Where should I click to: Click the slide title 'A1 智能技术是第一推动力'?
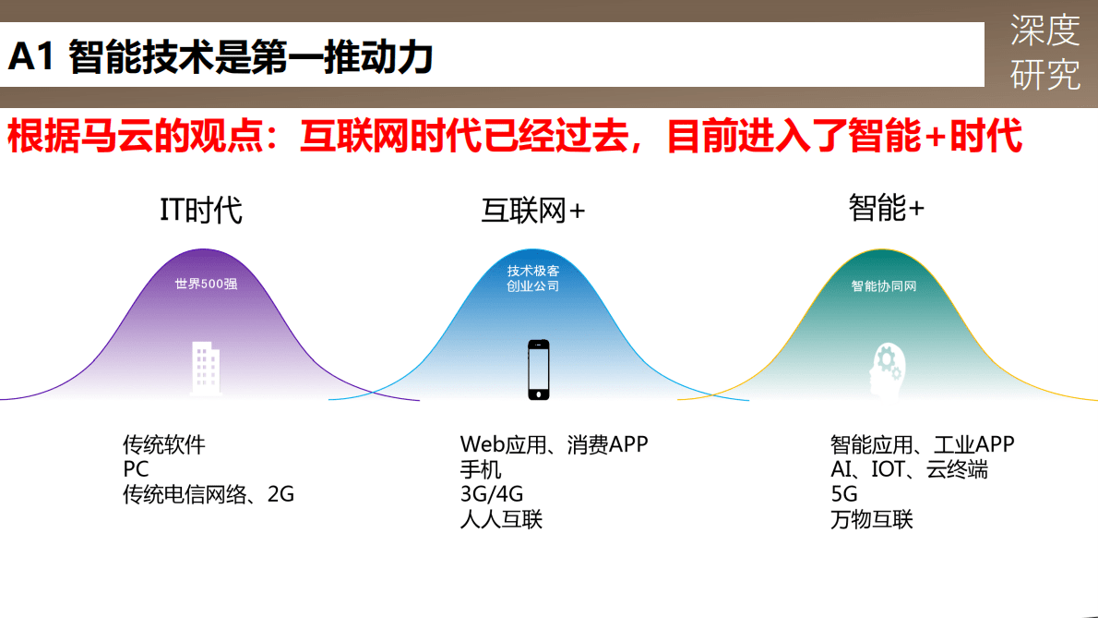221,57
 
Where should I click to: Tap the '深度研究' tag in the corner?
1044,53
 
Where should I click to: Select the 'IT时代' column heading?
201,210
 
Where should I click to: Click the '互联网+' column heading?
533,211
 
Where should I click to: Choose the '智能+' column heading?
886,208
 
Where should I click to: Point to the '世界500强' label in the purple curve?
206,284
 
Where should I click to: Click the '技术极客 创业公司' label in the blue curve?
533,278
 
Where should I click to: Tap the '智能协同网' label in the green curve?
883,286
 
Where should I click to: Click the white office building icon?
206,369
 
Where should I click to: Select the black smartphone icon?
538,370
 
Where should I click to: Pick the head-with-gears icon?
885,369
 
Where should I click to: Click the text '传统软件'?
164,445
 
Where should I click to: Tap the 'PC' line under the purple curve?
136,469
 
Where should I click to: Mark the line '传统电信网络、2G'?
209,494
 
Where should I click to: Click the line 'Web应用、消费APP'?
554,444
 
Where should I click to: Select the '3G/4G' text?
491,494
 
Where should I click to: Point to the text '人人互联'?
501,519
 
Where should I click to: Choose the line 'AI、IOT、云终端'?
909,469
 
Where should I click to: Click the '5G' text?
844,494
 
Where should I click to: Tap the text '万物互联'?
871,519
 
